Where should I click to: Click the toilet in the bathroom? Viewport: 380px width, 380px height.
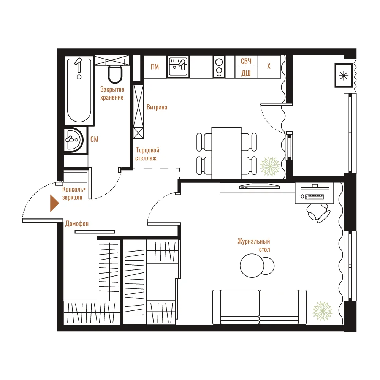[x=115, y=74]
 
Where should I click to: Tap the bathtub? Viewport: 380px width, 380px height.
[x=79, y=90]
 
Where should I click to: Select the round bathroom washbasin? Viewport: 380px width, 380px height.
[x=74, y=140]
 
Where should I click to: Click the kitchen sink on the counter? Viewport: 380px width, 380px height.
[x=178, y=66]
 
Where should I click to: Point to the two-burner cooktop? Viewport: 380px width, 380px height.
[x=219, y=66]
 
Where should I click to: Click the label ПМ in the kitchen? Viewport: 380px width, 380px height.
[x=155, y=66]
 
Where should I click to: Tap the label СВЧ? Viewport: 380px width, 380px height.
[x=246, y=61]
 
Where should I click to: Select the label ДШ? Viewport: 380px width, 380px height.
[x=246, y=73]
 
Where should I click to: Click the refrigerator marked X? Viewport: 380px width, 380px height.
[x=269, y=66]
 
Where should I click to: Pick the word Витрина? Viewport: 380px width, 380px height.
[x=157, y=107]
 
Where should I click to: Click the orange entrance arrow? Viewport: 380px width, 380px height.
[x=54, y=203]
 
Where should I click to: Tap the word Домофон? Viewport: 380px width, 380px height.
[x=77, y=223]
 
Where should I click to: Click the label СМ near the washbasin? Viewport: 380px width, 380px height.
[x=94, y=139]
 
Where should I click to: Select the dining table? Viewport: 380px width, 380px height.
[x=226, y=153]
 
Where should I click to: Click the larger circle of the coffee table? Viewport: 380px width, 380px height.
[x=252, y=266]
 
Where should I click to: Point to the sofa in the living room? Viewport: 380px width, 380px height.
[x=259, y=307]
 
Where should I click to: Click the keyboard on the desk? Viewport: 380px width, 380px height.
[x=314, y=197]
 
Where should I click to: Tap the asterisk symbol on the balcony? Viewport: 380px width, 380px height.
[x=344, y=76]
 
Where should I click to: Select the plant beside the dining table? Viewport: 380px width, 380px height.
[x=270, y=166]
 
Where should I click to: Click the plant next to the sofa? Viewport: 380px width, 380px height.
[x=322, y=311]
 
